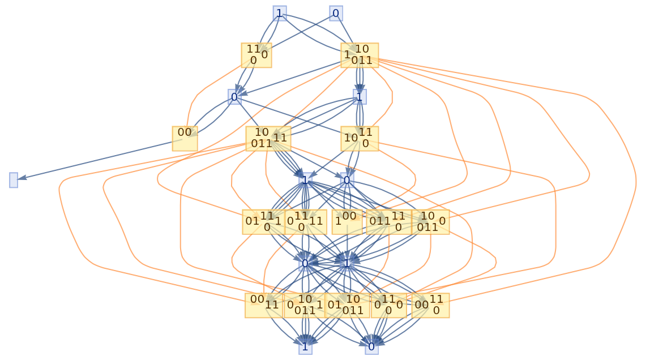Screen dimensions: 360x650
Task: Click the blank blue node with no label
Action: click(14, 180)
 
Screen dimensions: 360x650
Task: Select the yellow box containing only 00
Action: click(185, 138)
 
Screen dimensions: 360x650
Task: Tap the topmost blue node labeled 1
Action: click(279, 13)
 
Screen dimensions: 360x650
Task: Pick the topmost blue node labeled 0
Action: click(336, 13)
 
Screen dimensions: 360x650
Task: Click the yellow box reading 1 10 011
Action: click(359, 55)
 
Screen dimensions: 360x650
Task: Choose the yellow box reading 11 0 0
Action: click(256, 55)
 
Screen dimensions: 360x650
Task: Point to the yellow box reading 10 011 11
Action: click(268, 138)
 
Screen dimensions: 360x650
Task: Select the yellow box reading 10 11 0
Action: click(359, 138)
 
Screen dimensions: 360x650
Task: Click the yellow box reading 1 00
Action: click(347, 222)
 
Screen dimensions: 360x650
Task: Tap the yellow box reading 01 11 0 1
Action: click(263, 222)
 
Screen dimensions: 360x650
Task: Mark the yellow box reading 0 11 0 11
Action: click(306, 222)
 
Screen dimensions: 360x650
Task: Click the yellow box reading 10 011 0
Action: click(431, 222)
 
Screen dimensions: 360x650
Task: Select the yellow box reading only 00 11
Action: click(264, 305)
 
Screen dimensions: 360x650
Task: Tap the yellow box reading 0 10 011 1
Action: click(305, 305)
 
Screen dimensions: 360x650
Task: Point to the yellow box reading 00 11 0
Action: click(430, 305)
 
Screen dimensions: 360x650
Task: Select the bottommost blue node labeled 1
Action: click(305, 346)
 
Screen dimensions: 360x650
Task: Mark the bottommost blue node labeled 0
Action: click(371, 346)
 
